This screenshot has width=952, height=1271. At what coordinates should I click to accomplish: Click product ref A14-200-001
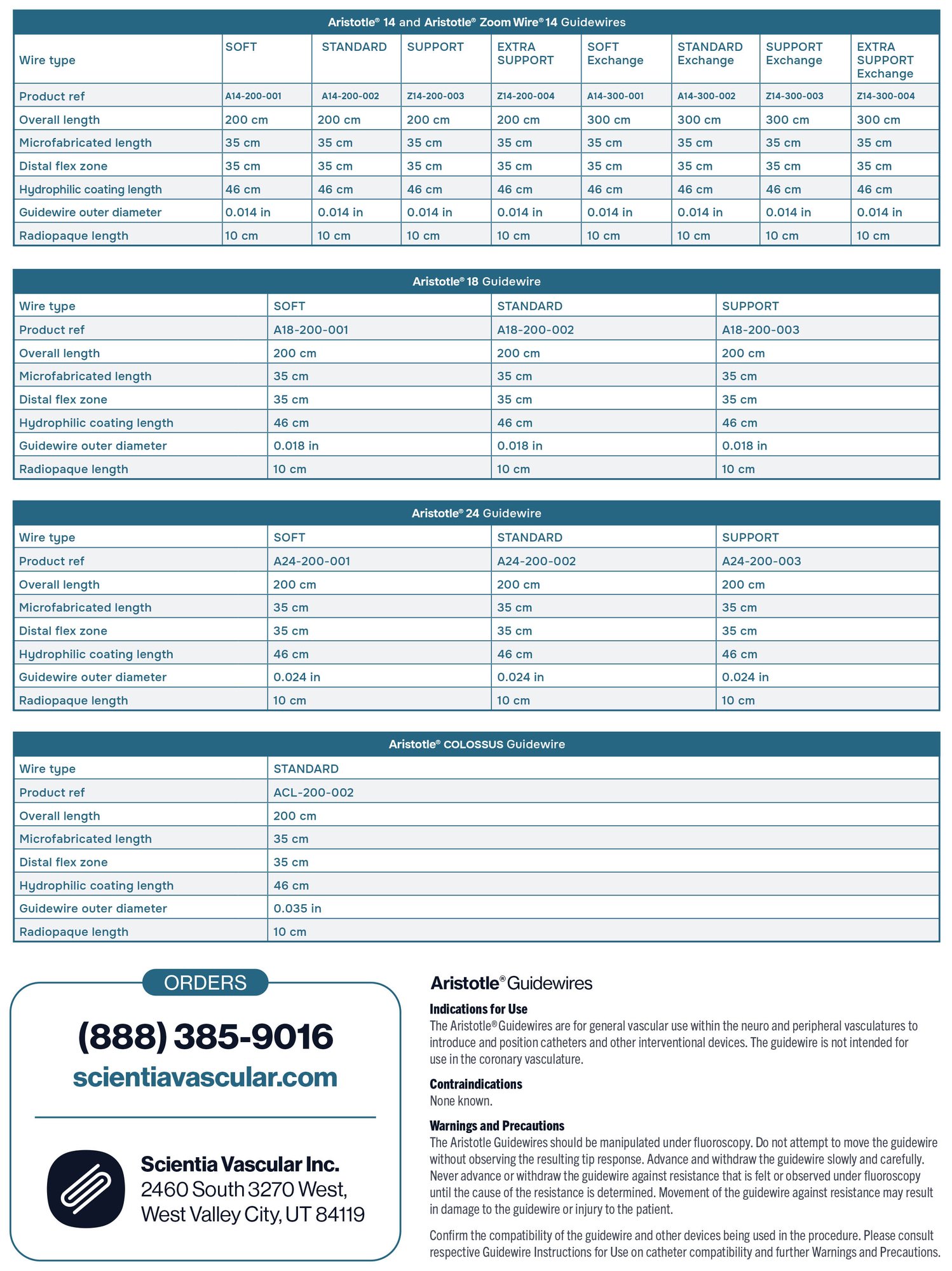pos(253,96)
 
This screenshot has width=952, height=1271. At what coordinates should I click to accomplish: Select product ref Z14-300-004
pos(885,96)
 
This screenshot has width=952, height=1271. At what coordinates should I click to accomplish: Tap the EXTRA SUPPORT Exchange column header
pos(885,60)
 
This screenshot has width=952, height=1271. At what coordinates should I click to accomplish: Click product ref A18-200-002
pos(535,330)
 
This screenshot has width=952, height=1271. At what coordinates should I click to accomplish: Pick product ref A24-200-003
pos(761,561)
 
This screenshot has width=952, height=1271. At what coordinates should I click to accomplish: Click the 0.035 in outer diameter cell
pos(297,909)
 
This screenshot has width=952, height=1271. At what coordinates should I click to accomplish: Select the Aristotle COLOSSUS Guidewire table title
pos(477,745)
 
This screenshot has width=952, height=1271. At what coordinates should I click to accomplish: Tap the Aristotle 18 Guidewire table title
pos(477,282)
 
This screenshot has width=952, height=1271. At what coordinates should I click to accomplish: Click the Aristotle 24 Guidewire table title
pos(477,513)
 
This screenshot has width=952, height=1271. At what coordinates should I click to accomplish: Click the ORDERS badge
pos(205,983)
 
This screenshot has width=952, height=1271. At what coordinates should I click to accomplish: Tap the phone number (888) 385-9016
pos(205,1037)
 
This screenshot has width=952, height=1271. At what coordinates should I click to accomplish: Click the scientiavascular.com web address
pos(205,1078)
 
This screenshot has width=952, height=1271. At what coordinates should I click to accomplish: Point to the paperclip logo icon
pos(86,1189)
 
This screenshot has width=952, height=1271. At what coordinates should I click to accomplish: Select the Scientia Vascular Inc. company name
pos(240,1164)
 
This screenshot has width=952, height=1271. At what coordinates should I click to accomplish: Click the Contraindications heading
pos(475,1084)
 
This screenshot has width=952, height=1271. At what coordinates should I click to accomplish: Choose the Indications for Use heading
pos(478,1009)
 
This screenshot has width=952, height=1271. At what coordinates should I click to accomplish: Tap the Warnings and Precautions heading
pos(496,1126)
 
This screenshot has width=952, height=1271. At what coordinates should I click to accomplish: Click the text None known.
pos(461,1101)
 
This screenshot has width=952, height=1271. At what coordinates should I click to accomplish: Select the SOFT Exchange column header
pos(615,54)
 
